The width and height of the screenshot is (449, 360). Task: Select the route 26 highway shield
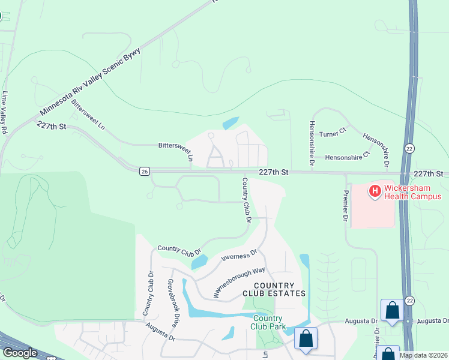pos(145,172)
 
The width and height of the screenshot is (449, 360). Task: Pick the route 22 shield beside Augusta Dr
pos(410,299)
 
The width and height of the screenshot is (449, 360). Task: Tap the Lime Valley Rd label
pos(5,113)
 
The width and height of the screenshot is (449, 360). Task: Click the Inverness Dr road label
pos(239,256)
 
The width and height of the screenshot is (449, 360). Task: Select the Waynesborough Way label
pos(240,283)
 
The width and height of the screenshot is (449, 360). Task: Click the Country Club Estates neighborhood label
pos(273,289)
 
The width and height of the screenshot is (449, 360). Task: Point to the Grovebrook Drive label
pos(172,302)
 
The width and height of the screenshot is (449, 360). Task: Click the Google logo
pos(19,353)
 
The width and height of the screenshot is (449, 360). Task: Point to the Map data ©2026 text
pos(424,355)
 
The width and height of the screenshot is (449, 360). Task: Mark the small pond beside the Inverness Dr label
pos(199,262)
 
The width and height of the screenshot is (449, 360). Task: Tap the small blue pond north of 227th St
pos(231,123)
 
